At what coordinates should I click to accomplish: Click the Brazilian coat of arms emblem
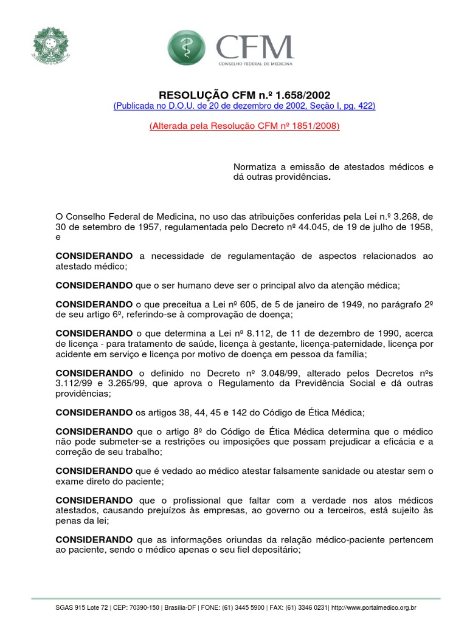point(50,46)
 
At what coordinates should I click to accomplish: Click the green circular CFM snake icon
point(187,48)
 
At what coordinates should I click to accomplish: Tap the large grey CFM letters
point(255,47)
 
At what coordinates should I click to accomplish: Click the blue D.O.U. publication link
point(244,106)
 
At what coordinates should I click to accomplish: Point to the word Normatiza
point(257,167)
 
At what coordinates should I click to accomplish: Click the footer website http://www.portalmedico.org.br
point(372,607)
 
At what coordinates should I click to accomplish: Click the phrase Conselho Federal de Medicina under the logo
point(255,64)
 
